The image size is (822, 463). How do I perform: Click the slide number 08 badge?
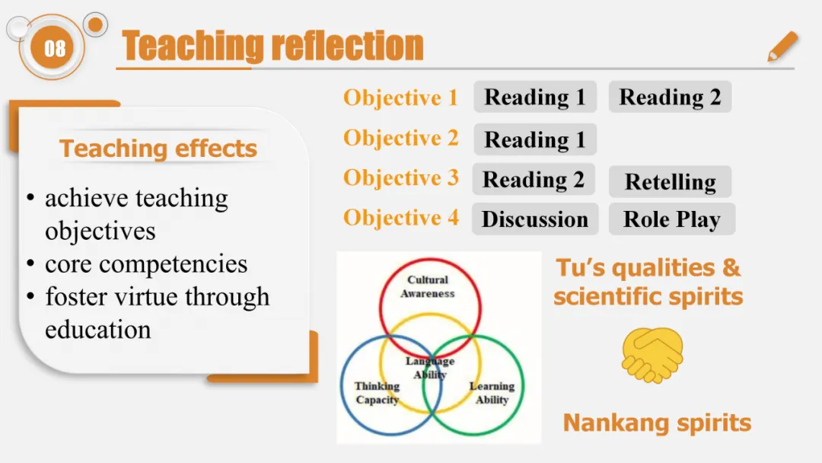[55, 49]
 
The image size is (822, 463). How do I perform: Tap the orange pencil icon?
[782, 46]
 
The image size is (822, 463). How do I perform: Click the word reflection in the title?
[347, 46]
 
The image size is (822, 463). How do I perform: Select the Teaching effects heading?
[158, 148]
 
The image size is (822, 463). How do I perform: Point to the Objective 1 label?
[400, 97]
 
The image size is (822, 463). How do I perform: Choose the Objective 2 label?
[400, 138]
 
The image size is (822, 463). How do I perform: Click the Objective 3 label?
[400, 177]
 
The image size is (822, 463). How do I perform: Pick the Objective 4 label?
[400, 218]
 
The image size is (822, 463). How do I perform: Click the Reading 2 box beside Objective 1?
[670, 97]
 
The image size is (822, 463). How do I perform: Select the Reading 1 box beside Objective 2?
[535, 140]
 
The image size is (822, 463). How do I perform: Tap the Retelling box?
[670, 182]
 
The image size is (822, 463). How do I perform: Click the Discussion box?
[535, 219]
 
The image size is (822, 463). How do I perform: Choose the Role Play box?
[671, 219]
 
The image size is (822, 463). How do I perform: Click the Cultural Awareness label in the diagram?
[428, 286]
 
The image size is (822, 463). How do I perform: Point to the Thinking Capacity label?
[377, 393]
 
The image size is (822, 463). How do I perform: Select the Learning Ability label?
[492, 393]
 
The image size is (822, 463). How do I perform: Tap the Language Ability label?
[430, 368]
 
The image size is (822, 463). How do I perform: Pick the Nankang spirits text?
[657, 423]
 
